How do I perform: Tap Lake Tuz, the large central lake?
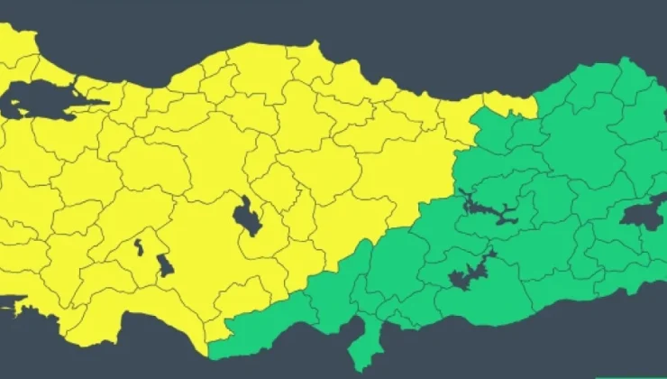[244, 216]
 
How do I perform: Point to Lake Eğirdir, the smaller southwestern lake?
[139, 245]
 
